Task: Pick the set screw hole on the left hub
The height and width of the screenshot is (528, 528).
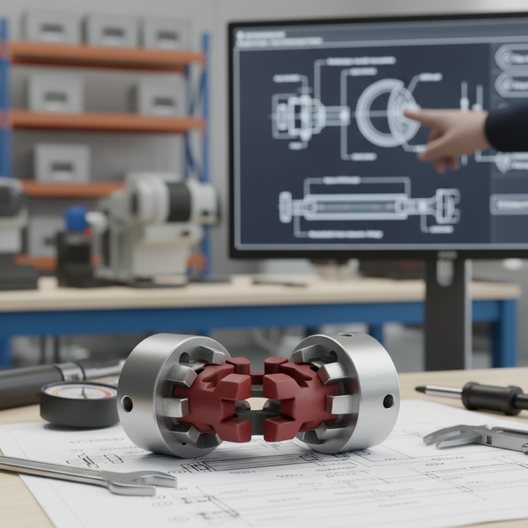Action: point(127,403)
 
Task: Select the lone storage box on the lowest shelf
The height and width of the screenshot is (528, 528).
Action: point(62,162)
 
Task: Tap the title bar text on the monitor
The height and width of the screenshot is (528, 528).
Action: point(277,37)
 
